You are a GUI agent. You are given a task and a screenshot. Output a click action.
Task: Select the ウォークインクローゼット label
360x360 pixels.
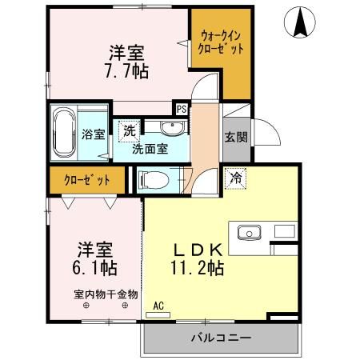tap(220, 42)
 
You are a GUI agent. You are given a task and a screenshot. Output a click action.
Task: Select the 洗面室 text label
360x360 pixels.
tap(150, 148)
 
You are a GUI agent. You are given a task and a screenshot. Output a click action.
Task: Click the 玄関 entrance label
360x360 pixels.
tap(235, 136)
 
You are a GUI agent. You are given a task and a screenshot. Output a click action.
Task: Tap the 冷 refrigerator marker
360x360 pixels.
tap(236, 178)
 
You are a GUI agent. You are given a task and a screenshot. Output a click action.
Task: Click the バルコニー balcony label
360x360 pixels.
tap(220, 338)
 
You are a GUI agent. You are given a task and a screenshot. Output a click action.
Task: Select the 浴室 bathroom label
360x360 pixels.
tap(94, 134)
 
